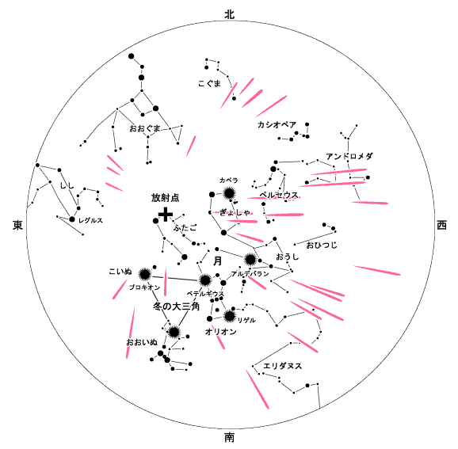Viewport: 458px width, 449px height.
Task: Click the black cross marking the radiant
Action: pyautogui.click(x=166, y=215)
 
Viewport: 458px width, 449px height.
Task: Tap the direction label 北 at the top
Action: pyautogui.click(x=229, y=14)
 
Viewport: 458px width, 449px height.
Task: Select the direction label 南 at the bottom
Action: pyautogui.click(x=229, y=437)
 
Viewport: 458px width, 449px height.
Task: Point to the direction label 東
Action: pyautogui.click(x=17, y=225)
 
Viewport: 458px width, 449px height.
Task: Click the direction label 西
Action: pyautogui.click(x=441, y=225)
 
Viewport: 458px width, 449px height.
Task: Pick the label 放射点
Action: pyautogui.click(x=165, y=198)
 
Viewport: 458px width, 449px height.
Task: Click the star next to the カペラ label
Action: pyautogui.click(x=229, y=193)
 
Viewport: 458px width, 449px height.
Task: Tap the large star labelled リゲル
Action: pyautogui.click(x=230, y=316)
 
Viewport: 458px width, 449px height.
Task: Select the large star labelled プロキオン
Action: pyautogui.click(x=144, y=274)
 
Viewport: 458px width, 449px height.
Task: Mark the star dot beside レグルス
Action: pyautogui.click(x=72, y=219)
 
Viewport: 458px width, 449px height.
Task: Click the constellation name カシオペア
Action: pyautogui.click(x=277, y=125)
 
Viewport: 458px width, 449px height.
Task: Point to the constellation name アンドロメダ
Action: pyautogui.click(x=349, y=157)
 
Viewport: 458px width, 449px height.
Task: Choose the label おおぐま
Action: pyautogui.click(x=145, y=128)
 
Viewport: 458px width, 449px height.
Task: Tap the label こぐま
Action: pyautogui.click(x=209, y=84)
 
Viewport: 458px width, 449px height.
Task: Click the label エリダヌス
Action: pyautogui.click(x=282, y=366)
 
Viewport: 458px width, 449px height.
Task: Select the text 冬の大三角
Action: pyautogui.click(x=176, y=306)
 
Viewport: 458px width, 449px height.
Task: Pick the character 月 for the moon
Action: pyautogui.click(x=217, y=261)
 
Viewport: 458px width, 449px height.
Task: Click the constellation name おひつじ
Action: pyautogui.click(x=322, y=245)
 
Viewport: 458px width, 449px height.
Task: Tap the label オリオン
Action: pyautogui.click(x=220, y=332)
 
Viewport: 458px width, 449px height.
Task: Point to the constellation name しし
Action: pyautogui.click(x=67, y=185)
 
